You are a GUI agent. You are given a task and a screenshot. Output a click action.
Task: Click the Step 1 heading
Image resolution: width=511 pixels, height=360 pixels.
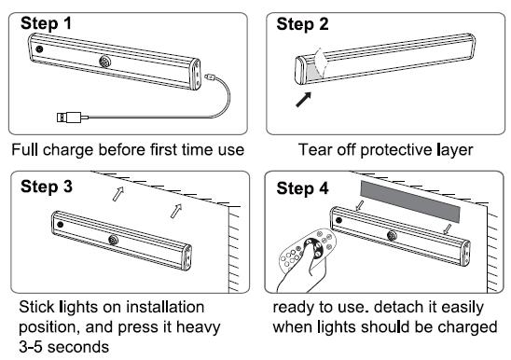coord(46,23)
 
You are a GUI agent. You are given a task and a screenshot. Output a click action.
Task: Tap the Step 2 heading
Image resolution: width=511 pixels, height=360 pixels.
coord(302,24)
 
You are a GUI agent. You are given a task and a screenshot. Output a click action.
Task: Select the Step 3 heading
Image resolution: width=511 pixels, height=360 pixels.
coord(47,187)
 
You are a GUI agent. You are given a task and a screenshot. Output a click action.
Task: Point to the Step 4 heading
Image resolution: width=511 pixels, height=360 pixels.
coord(302,188)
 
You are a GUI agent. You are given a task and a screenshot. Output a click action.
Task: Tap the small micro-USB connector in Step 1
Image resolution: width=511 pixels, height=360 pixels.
coord(209,77)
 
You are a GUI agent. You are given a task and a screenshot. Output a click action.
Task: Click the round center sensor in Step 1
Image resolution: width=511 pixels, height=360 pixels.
coord(105,61)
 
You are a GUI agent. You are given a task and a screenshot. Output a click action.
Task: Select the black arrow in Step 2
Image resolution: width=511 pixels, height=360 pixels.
coord(303,99)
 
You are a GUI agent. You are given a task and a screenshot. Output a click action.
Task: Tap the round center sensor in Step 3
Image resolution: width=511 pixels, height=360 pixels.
coord(114,241)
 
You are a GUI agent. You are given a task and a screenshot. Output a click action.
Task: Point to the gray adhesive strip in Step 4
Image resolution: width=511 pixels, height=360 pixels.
coord(410,201)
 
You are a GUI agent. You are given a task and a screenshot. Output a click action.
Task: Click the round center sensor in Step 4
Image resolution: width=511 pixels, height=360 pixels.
coord(392,235)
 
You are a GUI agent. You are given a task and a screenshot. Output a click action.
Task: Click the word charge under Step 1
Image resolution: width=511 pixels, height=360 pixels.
coord(68,150)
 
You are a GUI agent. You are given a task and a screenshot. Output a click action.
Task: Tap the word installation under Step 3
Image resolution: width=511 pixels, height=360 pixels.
coord(165,307)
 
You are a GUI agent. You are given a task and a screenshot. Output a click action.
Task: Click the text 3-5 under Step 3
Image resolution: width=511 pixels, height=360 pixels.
coord(31,347)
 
